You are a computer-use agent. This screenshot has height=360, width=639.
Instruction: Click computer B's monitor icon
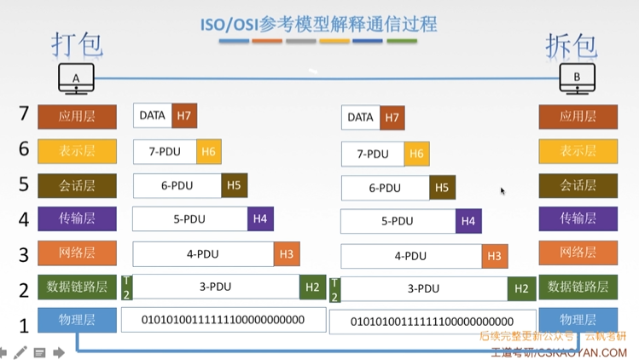click(x=577, y=78)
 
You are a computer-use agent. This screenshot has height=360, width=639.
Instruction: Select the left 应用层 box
click(x=77, y=116)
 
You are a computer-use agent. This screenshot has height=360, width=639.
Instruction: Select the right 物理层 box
click(x=578, y=320)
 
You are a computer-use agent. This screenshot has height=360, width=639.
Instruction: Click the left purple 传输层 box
click(x=77, y=219)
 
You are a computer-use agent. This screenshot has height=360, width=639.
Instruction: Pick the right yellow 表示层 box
click(x=578, y=151)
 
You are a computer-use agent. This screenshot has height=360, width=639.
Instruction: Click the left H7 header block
click(x=183, y=116)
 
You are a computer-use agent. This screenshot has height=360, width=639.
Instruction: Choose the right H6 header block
click(x=416, y=154)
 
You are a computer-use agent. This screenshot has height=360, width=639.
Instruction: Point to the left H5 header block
click(x=234, y=185)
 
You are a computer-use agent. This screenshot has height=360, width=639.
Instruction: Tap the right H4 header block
click(x=468, y=221)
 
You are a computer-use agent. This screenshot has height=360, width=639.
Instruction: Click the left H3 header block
click(x=287, y=253)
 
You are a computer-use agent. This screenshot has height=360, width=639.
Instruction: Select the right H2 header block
click(x=521, y=289)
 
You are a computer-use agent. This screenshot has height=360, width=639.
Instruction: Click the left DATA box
click(x=153, y=116)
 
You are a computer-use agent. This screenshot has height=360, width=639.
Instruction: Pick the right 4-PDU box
click(x=411, y=256)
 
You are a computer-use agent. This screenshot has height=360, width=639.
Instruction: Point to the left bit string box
click(x=223, y=320)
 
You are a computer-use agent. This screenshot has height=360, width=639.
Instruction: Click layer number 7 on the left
click(x=24, y=113)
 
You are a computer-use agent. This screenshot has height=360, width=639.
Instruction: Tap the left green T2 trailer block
click(x=127, y=287)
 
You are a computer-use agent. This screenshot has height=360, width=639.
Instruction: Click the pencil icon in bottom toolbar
click(x=20, y=351)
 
